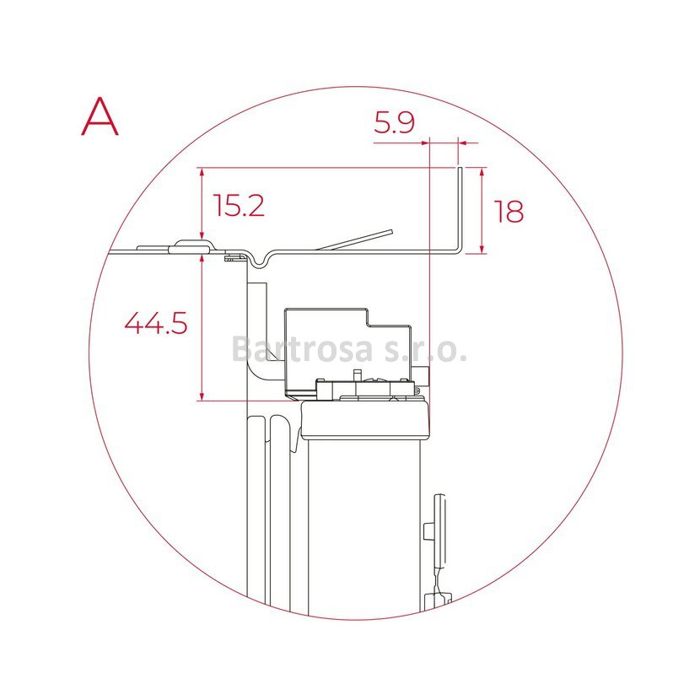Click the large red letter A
100,116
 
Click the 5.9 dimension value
394,123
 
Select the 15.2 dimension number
239,205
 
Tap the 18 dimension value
509,212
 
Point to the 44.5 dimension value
156,323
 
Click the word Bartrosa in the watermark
302,348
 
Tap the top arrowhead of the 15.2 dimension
202,173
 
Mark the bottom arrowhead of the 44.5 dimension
202,396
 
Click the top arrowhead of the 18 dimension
482,173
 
